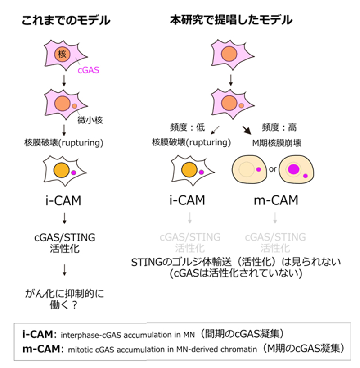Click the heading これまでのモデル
[66, 21]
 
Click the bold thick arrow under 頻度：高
[246, 131]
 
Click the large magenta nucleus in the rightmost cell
[294, 169]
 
